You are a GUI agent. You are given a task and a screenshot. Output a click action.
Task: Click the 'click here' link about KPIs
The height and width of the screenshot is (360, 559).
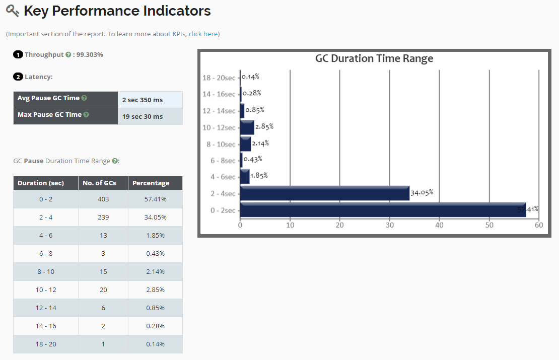click(x=203, y=34)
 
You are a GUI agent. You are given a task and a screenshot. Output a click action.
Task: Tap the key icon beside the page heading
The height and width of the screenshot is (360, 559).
click(x=13, y=11)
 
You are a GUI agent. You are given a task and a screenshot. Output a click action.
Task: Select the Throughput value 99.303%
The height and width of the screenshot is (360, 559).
click(x=89, y=54)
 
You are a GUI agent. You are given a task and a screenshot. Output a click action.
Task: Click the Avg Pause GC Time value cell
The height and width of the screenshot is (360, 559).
click(x=150, y=100)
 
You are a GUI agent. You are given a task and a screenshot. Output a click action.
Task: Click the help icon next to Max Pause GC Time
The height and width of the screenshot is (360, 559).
click(x=86, y=115)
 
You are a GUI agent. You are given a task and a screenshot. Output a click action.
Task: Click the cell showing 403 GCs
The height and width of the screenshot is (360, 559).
click(x=103, y=199)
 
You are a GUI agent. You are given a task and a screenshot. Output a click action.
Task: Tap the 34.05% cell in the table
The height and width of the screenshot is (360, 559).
click(x=156, y=217)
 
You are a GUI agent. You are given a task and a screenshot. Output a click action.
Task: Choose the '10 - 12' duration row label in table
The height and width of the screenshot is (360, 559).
click(x=46, y=290)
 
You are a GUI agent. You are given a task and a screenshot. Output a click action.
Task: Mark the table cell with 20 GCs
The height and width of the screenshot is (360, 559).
click(x=103, y=290)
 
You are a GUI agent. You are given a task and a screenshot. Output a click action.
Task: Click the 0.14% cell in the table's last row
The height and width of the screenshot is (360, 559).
click(x=156, y=344)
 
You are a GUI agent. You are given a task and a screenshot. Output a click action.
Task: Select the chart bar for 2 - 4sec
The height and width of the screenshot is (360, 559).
click(x=324, y=193)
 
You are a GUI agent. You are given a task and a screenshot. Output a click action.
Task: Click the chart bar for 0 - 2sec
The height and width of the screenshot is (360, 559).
click(x=383, y=209)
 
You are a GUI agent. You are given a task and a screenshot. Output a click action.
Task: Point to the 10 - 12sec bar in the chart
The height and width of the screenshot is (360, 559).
click(x=247, y=128)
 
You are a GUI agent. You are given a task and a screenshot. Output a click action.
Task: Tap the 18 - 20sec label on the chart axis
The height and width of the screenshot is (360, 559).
click(x=219, y=78)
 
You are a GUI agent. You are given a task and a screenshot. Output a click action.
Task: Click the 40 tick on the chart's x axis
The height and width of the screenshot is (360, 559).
click(x=439, y=225)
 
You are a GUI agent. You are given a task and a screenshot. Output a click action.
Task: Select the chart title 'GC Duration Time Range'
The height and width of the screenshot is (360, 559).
click(x=374, y=58)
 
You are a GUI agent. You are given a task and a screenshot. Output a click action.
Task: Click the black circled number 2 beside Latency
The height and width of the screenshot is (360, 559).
click(x=18, y=77)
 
